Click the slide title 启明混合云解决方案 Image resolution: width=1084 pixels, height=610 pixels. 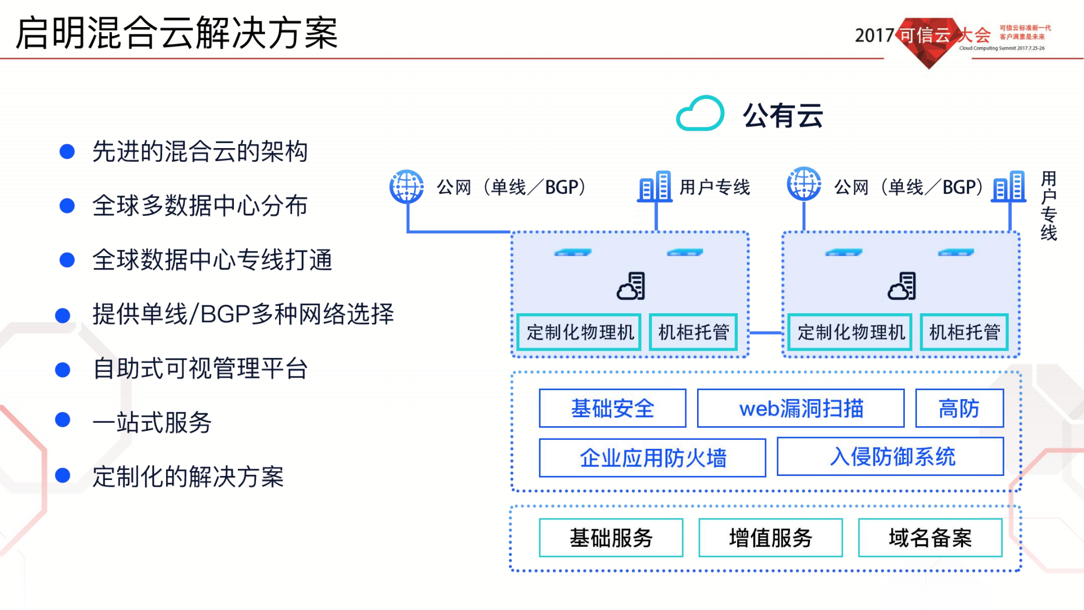pyautogui.click(x=176, y=33)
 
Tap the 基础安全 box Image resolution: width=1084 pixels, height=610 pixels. pyautogui.click(x=612, y=408)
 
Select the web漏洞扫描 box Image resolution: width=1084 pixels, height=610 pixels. pyautogui.click(x=800, y=408)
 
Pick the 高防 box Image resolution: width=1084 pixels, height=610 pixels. pyautogui.click(x=959, y=408)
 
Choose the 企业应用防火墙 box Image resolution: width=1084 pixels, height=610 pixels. pyautogui.click(x=652, y=458)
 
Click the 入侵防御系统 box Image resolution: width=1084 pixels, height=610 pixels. pyautogui.click(x=890, y=457)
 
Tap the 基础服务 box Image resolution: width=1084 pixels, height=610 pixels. pyautogui.click(x=611, y=538)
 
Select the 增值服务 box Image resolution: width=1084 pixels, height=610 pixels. pyautogui.click(x=770, y=538)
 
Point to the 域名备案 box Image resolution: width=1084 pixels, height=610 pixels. pyautogui.click(x=930, y=538)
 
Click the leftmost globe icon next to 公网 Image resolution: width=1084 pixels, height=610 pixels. pyautogui.click(x=407, y=186)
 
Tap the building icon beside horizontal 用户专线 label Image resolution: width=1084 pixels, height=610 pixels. pyautogui.click(x=655, y=187)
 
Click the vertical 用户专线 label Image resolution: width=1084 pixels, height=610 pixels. pyautogui.click(x=1048, y=206)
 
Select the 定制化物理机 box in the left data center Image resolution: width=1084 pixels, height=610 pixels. pyautogui.click(x=580, y=332)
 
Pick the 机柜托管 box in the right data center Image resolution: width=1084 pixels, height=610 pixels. pyautogui.click(x=964, y=332)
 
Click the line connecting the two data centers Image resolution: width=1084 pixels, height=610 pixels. pyautogui.click(x=765, y=333)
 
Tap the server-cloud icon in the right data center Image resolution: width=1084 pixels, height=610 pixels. pyautogui.click(x=902, y=286)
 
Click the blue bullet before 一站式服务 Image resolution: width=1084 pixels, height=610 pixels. pyautogui.click(x=63, y=420)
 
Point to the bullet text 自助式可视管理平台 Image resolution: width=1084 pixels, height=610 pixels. pyautogui.click(x=200, y=369)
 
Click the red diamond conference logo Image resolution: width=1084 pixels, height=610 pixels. pyautogui.click(x=929, y=42)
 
